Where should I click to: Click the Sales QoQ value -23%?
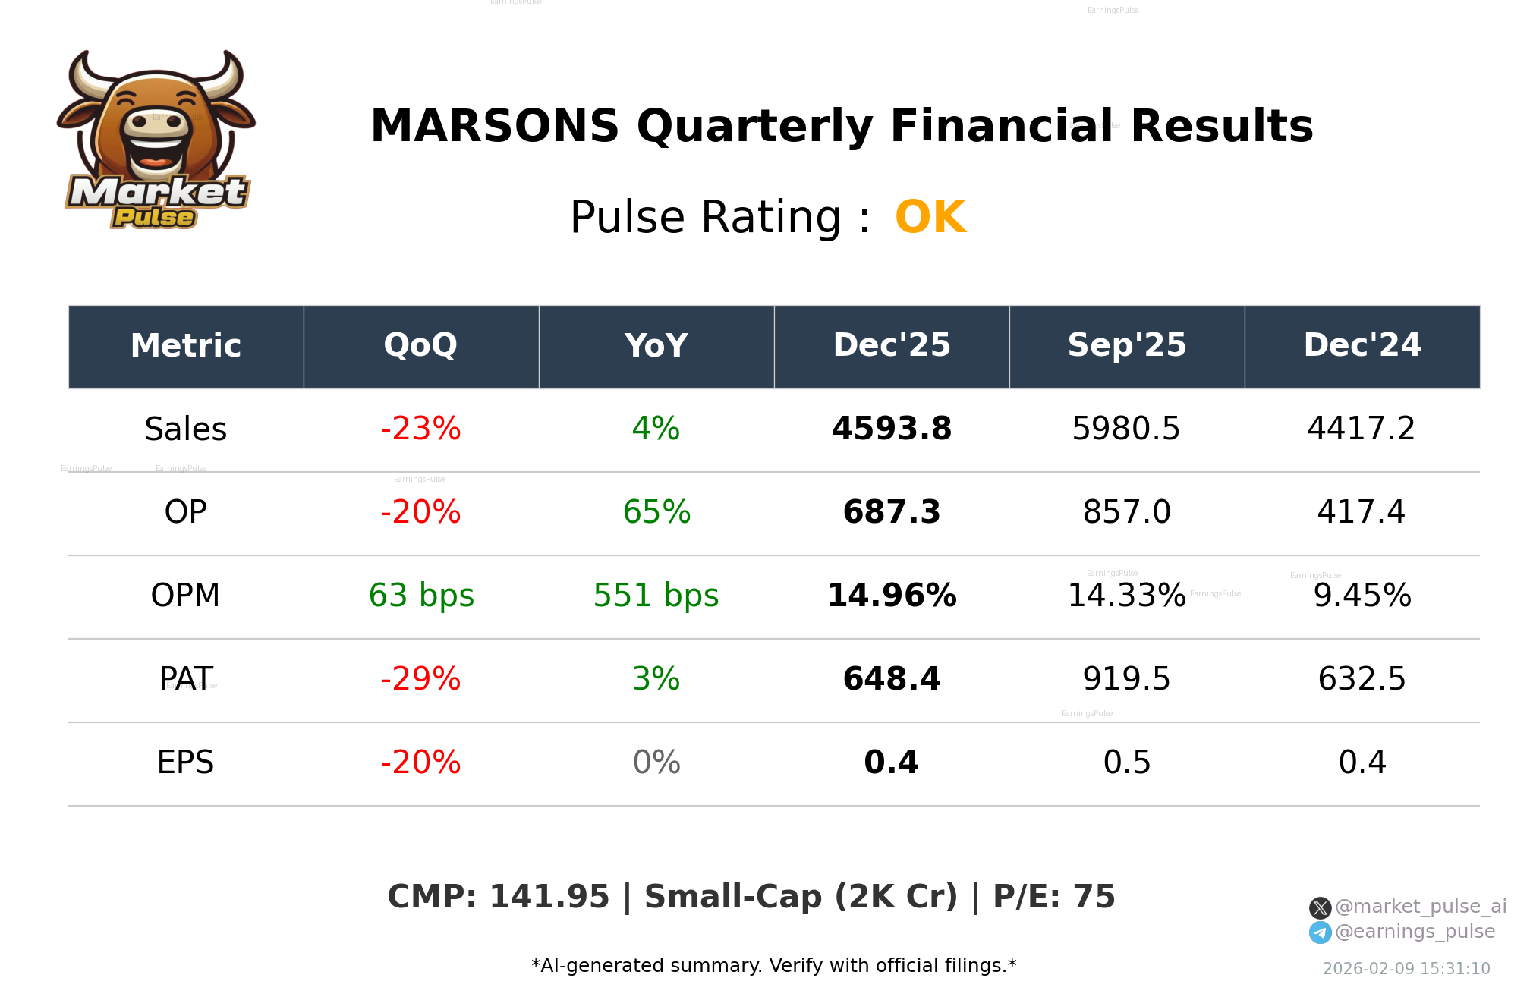pos(420,429)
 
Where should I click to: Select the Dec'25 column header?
pos(892,345)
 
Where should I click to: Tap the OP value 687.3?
pos(892,512)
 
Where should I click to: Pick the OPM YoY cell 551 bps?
pos(656,596)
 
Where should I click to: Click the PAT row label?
pos(186,678)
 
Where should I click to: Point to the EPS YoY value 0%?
pos(656,762)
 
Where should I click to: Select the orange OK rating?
pos(930,217)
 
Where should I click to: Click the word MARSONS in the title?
pos(495,126)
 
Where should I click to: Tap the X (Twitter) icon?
pos(1320,907)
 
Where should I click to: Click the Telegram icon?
pos(1320,932)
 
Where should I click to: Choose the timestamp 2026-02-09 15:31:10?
pos(1406,969)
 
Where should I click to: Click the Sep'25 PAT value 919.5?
pos(1126,678)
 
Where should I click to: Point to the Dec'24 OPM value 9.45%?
pos(1362,596)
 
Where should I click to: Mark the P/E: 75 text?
pos(1054,897)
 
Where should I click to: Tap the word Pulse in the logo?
pos(154,218)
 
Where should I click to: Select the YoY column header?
pos(656,345)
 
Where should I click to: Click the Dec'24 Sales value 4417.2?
pos(1362,429)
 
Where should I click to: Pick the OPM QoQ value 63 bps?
pos(421,596)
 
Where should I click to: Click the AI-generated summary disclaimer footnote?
pos(773,966)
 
